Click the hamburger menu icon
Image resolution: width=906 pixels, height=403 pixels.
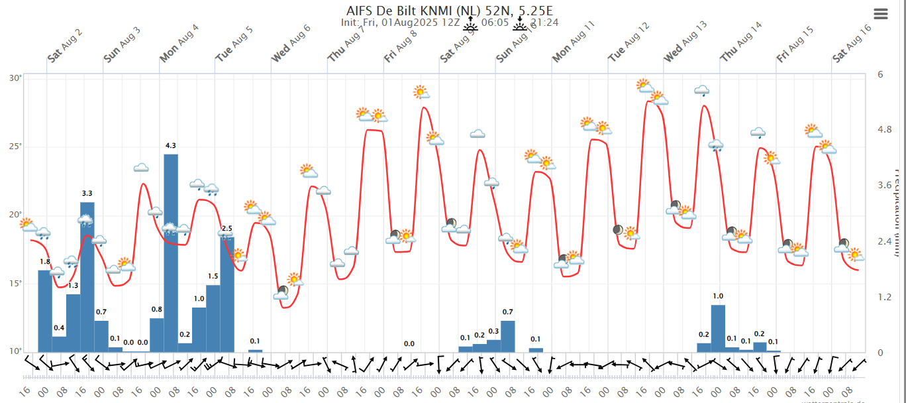pyautogui.click(x=880, y=14)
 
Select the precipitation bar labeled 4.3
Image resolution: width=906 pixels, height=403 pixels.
pyautogui.click(x=171, y=253)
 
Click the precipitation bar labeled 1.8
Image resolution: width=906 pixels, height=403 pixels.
pyautogui.click(x=45, y=311)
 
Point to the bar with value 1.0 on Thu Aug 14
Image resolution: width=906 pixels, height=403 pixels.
pyautogui.click(x=718, y=328)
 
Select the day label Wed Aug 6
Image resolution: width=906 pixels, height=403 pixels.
pyautogui.click(x=291, y=43)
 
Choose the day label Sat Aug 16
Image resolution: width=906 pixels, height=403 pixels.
pyautogui.click(x=852, y=43)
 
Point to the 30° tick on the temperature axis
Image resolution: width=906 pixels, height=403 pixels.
pyautogui.click(x=15, y=78)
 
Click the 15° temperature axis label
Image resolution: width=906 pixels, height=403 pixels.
pyautogui.click(x=15, y=283)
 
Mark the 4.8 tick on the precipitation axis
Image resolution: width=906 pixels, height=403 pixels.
pyautogui.click(x=884, y=129)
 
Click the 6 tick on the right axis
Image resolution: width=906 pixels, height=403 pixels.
pyautogui.click(x=880, y=74)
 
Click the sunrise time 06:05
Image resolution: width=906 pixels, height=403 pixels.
pyautogui.click(x=495, y=23)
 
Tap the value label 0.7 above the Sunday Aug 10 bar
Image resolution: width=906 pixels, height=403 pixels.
pyautogui.click(x=508, y=312)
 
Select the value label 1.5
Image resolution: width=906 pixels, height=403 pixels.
pyautogui.click(x=213, y=276)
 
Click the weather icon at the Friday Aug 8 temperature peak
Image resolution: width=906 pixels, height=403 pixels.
pyautogui.click(x=421, y=92)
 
